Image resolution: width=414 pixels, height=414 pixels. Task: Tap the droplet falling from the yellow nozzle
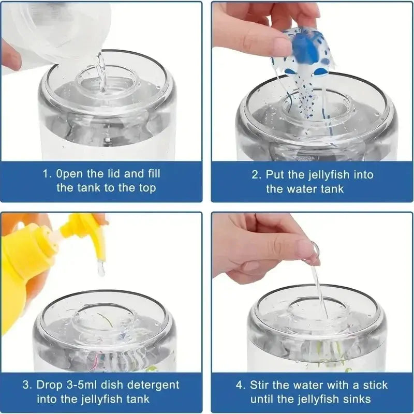click(x=101, y=269)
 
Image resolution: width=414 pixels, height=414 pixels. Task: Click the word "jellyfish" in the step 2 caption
click(x=327, y=175)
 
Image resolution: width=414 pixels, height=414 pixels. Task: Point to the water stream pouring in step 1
click(x=101, y=72)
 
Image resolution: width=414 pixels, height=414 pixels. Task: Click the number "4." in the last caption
click(x=240, y=385)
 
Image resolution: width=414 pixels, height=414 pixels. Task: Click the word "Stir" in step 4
click(x=260, y=385)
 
